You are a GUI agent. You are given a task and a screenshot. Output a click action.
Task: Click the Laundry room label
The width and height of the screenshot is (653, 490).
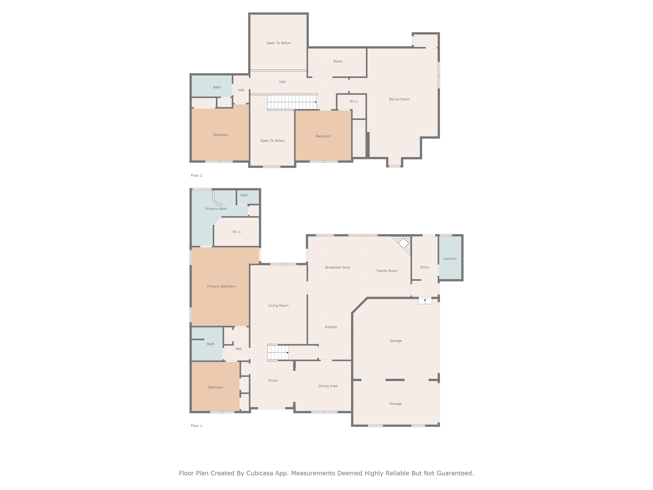tap(450, 258)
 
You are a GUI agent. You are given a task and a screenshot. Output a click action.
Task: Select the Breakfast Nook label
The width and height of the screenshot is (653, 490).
tap(338, 267)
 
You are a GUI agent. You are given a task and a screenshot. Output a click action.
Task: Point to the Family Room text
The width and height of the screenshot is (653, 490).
tap(387, 271)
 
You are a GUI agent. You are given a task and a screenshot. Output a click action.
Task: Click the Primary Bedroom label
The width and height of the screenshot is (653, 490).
tap(221, 286)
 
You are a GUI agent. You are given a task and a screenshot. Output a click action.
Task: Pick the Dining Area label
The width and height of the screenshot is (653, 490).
tap(328, 386)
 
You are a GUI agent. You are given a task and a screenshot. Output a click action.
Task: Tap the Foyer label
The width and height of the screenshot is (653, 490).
tap(273, 380)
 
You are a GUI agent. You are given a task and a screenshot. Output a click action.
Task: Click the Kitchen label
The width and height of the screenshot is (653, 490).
tap(331, 327)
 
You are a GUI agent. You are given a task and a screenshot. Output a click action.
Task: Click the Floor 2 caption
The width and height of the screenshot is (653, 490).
tap(196, 175)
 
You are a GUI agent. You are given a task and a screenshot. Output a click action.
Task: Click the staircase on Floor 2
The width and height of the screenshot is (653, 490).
tap(292, 102)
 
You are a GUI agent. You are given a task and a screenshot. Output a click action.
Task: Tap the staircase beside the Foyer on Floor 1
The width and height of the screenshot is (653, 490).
tap(277, 352)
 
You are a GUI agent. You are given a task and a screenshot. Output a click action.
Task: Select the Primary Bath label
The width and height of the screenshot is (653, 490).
tap(216, 209)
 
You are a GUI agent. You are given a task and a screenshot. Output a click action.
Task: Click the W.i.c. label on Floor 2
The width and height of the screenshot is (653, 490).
tap(354, 101)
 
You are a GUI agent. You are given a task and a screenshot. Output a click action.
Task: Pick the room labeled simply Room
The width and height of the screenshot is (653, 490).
tap(338, 61)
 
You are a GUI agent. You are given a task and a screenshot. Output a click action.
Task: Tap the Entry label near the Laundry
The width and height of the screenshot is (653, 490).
tap(424, 267)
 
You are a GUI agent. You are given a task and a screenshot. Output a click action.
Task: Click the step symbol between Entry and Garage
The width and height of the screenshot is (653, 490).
tap(425, 301)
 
